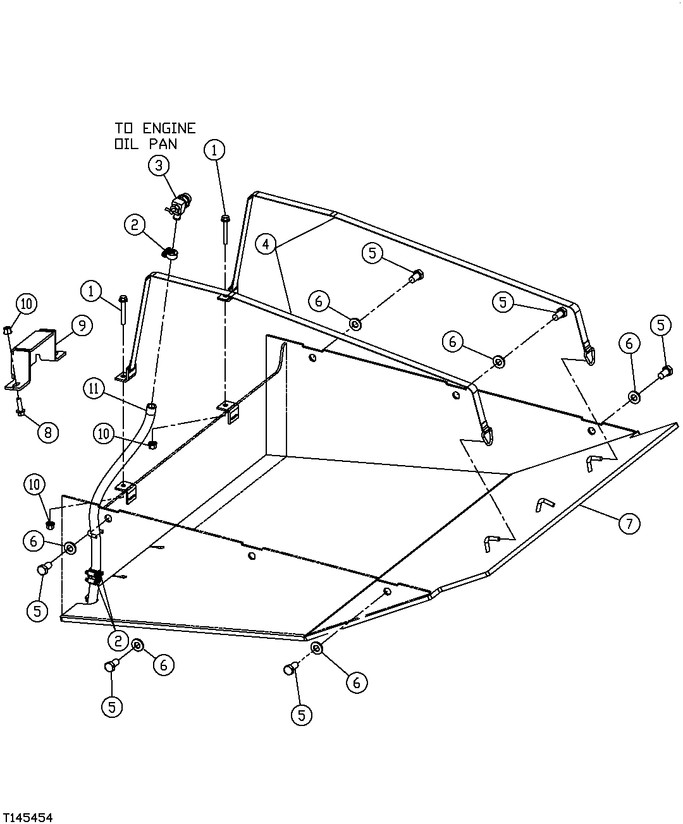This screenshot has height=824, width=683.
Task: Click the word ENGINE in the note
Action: click(x=169, y=128)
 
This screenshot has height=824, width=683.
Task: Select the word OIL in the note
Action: click(x=126, y=144)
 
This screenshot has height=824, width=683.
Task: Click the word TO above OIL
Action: click(x=124, y=128)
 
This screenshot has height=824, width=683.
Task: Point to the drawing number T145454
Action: click(x=27, y=815)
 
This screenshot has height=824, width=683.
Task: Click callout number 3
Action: click(x=159, y=166)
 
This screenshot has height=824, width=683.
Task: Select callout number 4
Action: click(x=266, y=245)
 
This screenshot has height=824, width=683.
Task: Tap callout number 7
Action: click(x=629, y=523)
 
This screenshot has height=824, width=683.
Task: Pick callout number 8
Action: click(x=48, y=433)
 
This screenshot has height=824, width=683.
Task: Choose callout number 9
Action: click(x=82, y=325)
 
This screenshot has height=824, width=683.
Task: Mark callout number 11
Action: click(x=94, y=389)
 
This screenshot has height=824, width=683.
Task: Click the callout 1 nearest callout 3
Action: click(x=214, y=150)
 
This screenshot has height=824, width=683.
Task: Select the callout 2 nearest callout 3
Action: click(x=135, y=225)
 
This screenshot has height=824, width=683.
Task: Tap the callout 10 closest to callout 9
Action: click(x=27, y=304)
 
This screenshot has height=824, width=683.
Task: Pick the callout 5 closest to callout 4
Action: click(x=372, y=253)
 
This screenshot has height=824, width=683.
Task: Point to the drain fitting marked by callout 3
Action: click(x=178, y=205)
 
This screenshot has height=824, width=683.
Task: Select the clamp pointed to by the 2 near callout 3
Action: click(x=170, y=253)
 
